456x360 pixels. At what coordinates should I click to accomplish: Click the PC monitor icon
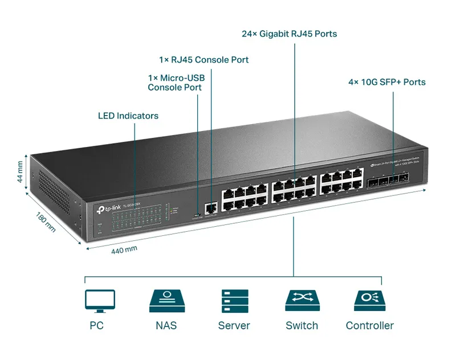pos(100,301)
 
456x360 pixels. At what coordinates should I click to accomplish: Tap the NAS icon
pos(166,300)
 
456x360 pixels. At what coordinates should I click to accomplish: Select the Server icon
pos(234,300)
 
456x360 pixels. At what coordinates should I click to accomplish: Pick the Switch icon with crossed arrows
pos(301,300)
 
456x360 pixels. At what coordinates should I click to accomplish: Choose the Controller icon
pos(369,300)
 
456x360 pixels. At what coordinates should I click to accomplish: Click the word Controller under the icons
pos(369,326)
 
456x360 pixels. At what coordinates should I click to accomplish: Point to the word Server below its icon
pos(234,326)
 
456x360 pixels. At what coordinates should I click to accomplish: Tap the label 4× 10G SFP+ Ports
pos(386,82)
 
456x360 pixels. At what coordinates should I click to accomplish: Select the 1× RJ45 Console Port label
pos(203,60)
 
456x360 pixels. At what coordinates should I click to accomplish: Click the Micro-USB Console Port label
pos(174,83)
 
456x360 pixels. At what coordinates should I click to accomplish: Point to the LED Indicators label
pos(128,116)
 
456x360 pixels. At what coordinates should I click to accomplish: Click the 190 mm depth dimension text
pos(46,222)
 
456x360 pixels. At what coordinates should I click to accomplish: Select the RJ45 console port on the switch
pos(211,208)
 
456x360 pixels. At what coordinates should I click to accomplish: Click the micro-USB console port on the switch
pos(197,214)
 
